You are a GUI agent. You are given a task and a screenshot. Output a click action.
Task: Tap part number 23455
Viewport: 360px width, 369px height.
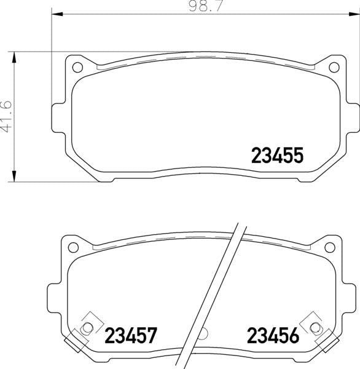click(278, 156)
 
